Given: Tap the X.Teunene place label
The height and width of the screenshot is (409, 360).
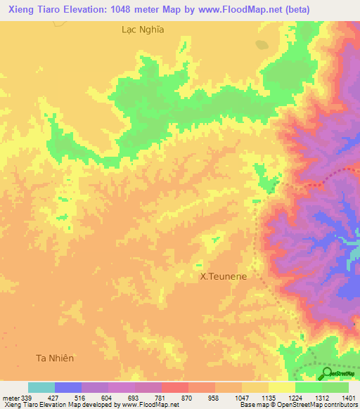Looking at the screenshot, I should [224, 277].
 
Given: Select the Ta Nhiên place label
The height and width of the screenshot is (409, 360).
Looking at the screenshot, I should [55, 358].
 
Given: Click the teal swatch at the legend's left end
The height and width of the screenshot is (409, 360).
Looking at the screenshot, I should [41, 387].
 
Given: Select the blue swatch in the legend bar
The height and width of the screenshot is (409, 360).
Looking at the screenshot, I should [68, 387].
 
